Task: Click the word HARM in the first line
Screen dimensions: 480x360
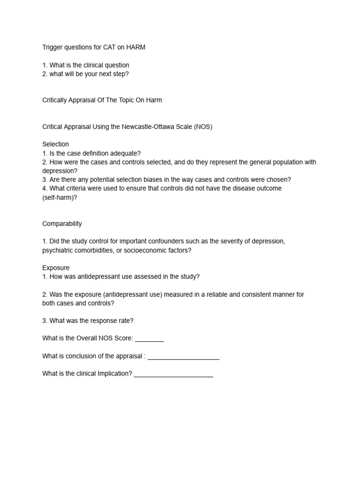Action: click(135, 48)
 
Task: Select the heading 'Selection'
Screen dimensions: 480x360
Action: click(55, 144)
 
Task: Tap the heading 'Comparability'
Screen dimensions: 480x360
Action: click(62, 224)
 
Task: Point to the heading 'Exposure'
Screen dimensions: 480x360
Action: click(56, 268)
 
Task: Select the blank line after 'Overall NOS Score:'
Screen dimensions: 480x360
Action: click(149, 338)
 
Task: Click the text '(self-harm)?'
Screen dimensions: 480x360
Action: click(60, 197)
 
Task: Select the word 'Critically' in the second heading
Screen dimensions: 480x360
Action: click(57, 100)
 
